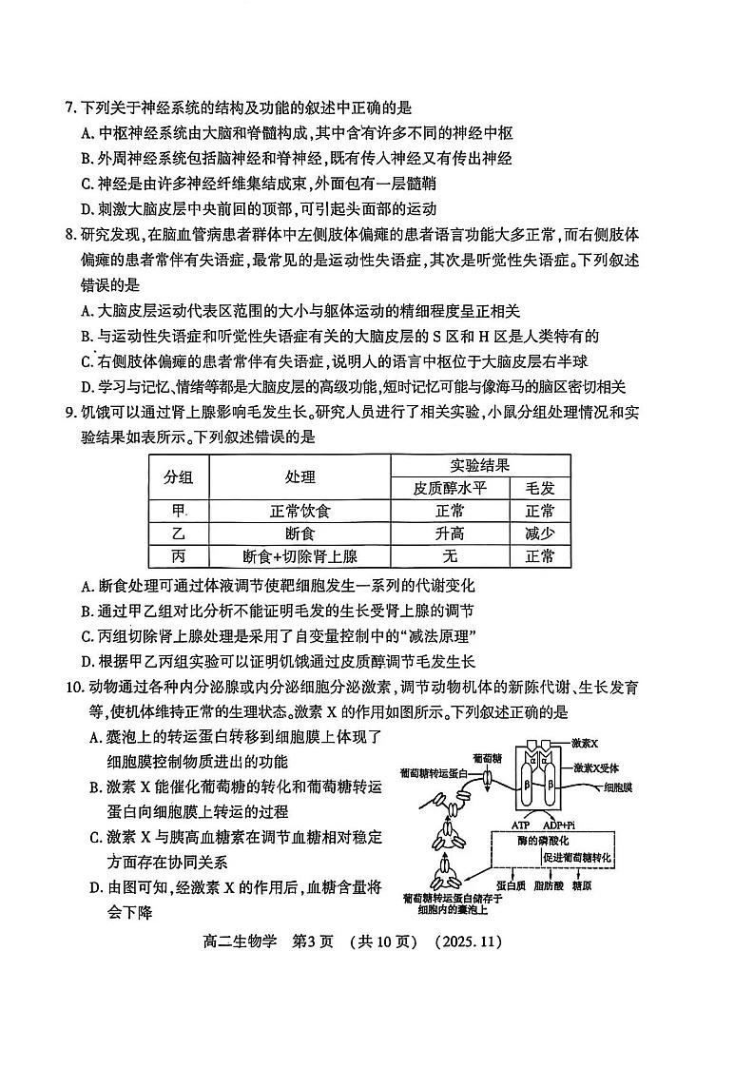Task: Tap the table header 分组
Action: pyautogui.click(x=178, y=476)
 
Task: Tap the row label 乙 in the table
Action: pyautogui.click(x=178, y=534)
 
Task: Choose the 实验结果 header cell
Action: pyautogui.click(x=480, y=465)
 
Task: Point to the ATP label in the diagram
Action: pyautogui.click(x=520, y=825)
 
